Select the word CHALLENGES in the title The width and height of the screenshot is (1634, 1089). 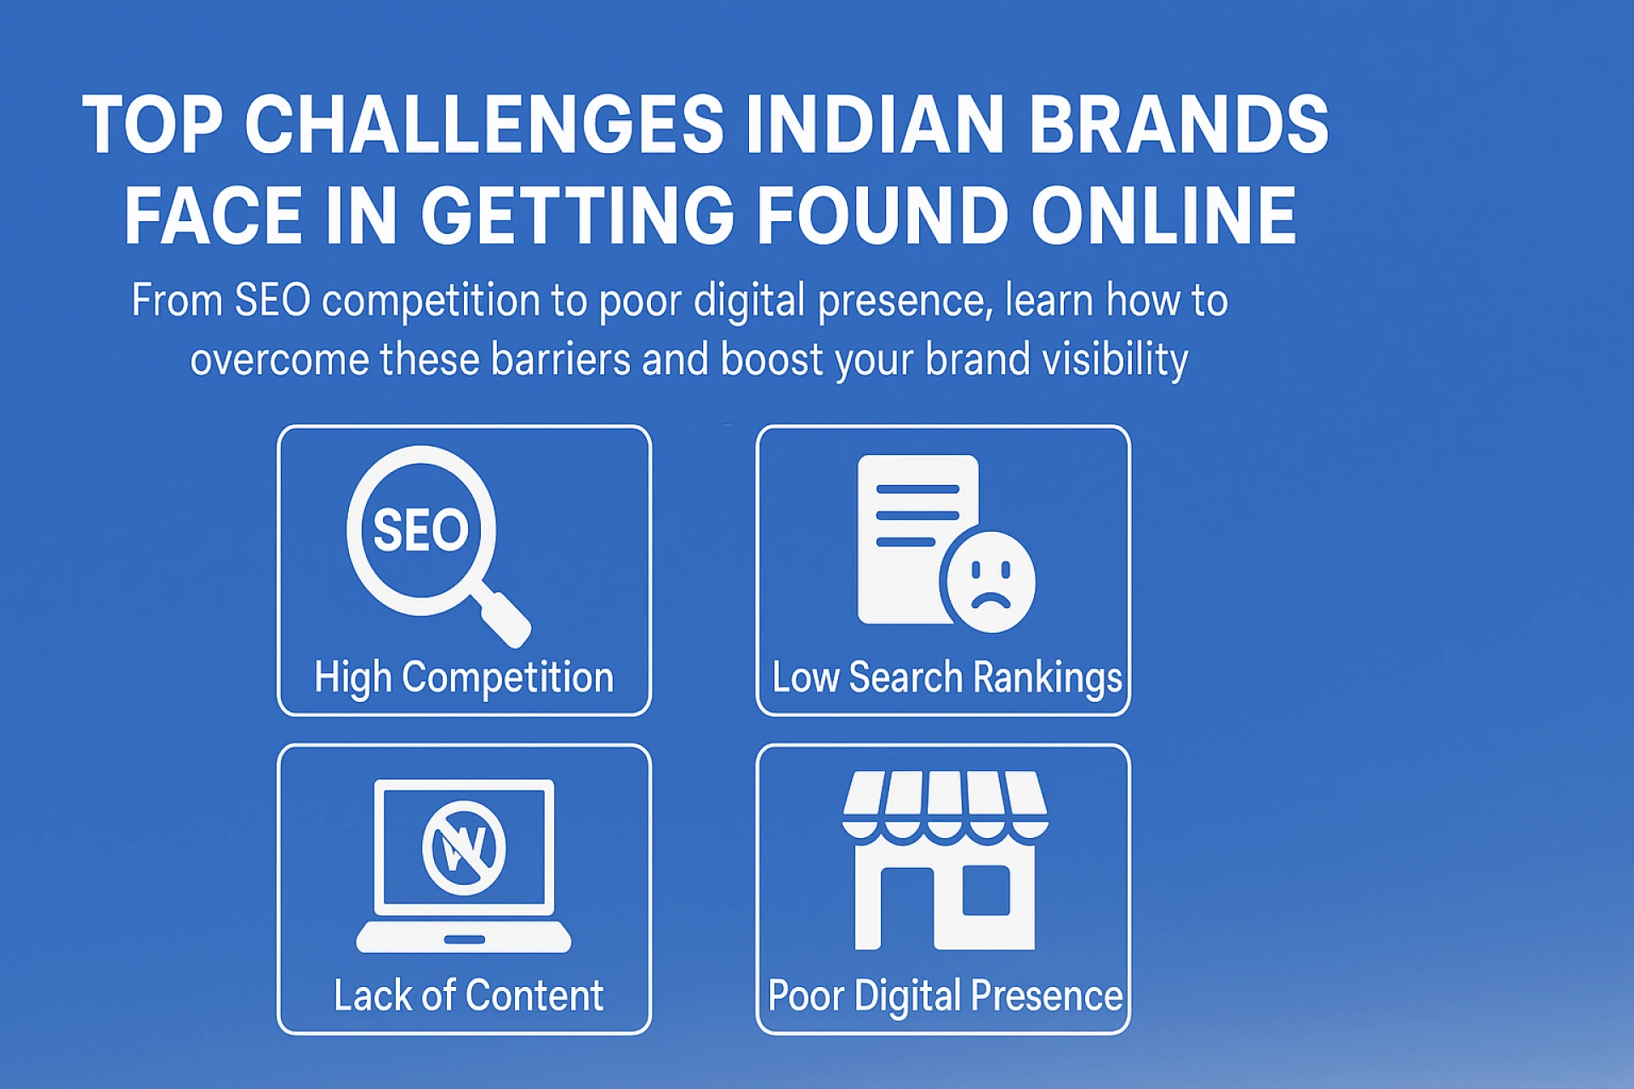click(484, 124)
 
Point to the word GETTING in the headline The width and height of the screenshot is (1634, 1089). click(577, 216)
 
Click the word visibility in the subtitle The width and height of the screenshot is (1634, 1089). click(1115, 360)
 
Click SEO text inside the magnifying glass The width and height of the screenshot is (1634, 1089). click(420, 531)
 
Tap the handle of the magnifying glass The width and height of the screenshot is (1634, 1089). click(505, 619)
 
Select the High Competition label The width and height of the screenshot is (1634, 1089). click(464, 678)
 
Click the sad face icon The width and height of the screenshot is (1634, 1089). click(990, 583)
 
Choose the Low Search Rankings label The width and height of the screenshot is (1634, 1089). click(946, 678)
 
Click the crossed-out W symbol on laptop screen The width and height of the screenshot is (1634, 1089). click(464, 847)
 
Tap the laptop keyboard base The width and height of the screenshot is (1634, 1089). click(464, 937)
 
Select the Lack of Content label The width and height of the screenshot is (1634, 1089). click(468, 995)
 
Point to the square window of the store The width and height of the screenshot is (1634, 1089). click(986, 891)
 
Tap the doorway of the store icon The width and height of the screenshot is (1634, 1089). click(907, 910)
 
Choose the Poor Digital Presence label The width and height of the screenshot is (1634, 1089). click(945, 995)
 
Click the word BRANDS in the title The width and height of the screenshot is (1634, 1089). click(1178, 124)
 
